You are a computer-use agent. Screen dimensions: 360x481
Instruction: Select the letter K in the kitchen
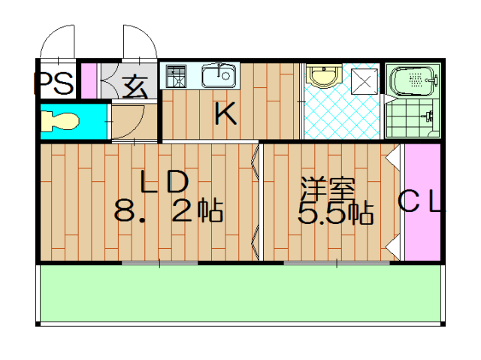(224, 115)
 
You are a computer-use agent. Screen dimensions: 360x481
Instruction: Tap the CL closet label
(420, 201)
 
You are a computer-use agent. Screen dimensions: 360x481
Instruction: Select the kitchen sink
(219, 75)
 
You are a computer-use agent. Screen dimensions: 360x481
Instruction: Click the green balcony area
(240, 295)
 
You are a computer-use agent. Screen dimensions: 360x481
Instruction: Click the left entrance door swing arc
(57, 41)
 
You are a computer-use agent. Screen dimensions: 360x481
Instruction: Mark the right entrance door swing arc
(140, 41)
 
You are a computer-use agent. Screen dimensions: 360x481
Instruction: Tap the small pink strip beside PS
(89, 82)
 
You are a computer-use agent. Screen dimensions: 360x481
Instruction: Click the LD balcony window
(159, 262)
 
